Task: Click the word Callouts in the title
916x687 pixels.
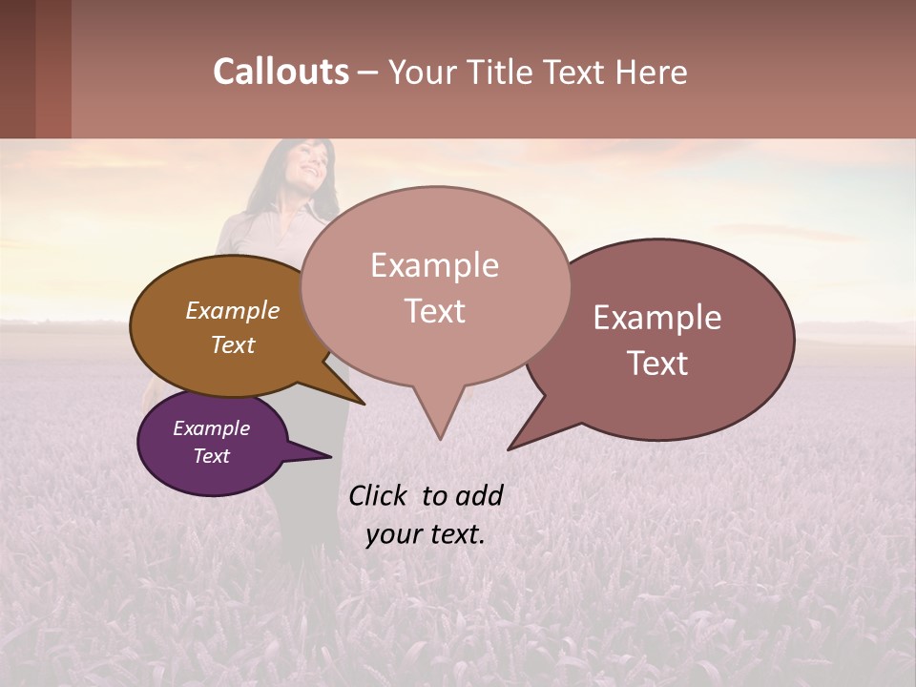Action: (x=281, y=72)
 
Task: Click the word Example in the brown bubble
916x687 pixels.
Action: (x=233, y=311)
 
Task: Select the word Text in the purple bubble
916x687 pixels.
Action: (x=212, y=456)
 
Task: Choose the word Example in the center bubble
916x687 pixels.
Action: (x=434, y=265)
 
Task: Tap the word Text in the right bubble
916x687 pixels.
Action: (x=658, y=364)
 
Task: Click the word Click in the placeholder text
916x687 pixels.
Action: (x=379, y=496)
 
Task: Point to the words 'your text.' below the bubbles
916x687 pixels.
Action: (x=425, y=534)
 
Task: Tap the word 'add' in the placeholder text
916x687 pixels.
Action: (x=479, y=496)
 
